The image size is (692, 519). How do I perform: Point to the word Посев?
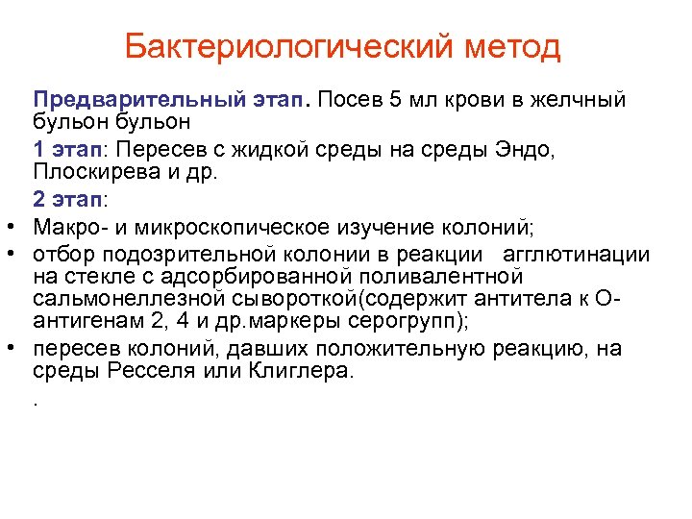click(x=346, y=100)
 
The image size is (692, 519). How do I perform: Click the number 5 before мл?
click(x=390, y=100)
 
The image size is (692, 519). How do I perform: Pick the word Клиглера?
click(x=305, y=371)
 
